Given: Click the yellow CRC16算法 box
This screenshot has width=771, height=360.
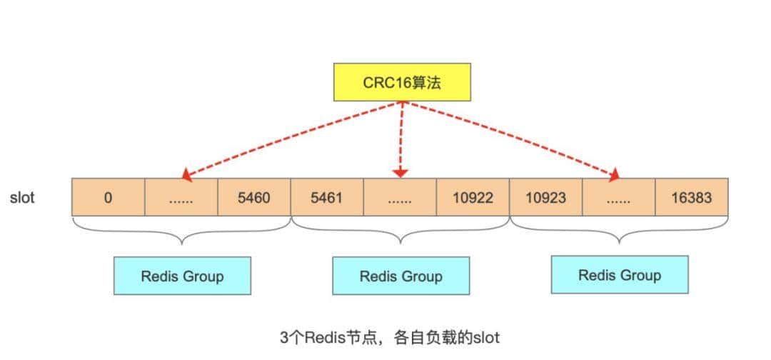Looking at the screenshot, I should (403, 82).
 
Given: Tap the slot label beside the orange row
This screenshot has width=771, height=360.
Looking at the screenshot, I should (22, 197).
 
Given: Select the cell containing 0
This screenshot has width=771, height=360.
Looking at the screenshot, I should (108, 197).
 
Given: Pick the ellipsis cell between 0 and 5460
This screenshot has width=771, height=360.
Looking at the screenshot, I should (181, 197).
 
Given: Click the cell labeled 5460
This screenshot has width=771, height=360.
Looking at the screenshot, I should (254, 197).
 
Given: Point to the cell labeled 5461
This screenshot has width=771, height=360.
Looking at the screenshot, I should (327, 197).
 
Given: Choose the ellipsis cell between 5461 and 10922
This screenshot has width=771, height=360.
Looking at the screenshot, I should (400, 197).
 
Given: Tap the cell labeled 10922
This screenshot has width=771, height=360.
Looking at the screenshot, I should (473, 197).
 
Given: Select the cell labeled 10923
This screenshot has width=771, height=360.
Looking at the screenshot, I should (545, 197).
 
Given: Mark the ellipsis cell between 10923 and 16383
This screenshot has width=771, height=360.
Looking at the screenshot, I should (618, 197).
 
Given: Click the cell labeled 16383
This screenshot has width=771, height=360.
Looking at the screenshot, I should (692, 197).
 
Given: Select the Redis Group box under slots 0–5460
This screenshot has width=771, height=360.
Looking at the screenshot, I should (182, 276).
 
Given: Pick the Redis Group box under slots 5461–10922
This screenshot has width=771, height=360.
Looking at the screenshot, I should (400, 276).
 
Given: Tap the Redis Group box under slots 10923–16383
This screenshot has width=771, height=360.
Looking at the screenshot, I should (620, 275).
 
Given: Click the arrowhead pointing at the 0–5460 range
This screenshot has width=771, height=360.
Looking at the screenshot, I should (186, 174).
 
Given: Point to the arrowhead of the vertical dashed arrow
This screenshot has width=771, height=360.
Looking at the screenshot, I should (400, 173).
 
